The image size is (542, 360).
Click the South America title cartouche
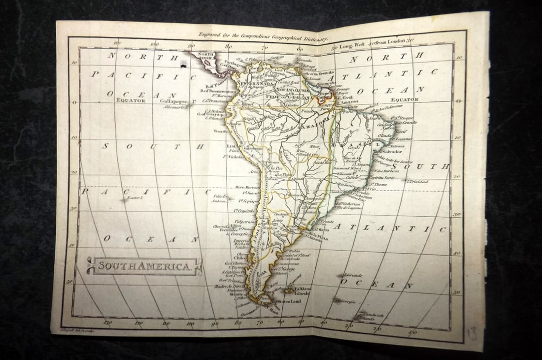pos(144,266)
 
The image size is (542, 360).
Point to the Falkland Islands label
pos(303,291)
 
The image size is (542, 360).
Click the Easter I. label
pos(134,198)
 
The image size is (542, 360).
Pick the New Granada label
pos(256,84)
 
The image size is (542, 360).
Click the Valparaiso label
pos(245,222)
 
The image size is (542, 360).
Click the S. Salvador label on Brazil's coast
pos(390,152)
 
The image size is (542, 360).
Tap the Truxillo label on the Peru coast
pos(223,131)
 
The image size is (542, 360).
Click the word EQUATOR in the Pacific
pos(131,100)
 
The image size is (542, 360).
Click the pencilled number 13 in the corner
pos(472,333)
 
